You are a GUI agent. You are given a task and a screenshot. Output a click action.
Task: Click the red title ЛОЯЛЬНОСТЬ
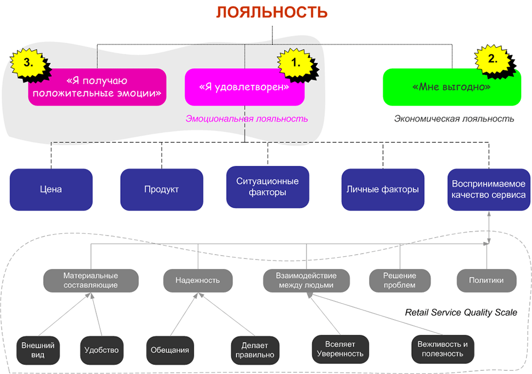[x=271, y=12]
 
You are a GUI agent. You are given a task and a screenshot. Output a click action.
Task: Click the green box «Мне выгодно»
[x=452, y=87]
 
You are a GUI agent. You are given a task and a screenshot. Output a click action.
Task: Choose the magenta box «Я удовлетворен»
[x=244, y=87]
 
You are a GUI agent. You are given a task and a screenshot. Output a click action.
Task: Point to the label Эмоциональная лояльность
[x=246, y=119]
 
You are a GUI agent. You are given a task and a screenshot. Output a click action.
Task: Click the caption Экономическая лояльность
[x=454, y=119]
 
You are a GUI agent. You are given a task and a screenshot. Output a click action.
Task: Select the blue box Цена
[x=51, y=189]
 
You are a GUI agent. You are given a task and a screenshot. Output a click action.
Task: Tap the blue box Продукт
[x=161, y=189]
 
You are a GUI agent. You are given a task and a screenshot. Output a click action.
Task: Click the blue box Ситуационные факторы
[x=268, y=187]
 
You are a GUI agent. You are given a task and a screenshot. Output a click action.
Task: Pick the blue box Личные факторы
[x=383, y=189]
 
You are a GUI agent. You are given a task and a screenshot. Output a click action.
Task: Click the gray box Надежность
[x=198, y=280]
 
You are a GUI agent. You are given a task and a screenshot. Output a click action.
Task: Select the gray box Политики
[x=486, y=280]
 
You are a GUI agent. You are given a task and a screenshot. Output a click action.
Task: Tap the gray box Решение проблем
[x=400, y=280]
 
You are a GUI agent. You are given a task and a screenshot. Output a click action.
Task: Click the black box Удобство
[x=102, y=350]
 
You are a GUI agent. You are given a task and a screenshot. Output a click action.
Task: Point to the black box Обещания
[x=170, y=350]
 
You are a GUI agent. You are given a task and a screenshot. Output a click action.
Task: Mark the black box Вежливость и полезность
[x=442, y=349]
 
